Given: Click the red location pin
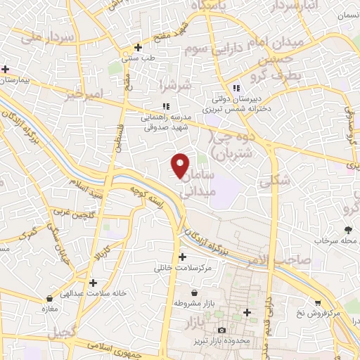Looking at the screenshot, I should pyautogui.click(x=180, y=165).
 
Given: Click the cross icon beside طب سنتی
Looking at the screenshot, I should pyautogui.click(x=139, y=48).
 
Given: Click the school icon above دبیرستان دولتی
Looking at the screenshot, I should pyautogui.click(x=237, y=88).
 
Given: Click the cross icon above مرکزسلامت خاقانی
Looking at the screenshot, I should pyautogui.click(x=183, y=257).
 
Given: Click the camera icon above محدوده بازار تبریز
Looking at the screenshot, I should pyautogui.click(x=222, y=330).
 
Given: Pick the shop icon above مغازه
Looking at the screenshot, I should pyautogui.click(x=49, y=298).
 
